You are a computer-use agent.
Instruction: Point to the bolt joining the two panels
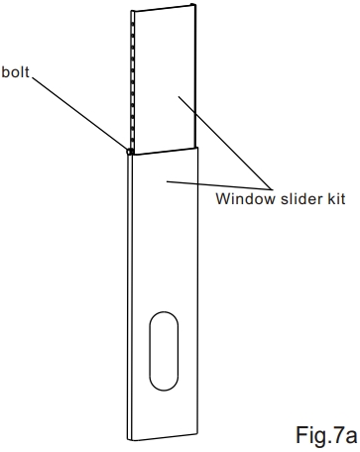coord(130,152)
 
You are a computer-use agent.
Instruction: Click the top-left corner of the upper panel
coord(133,13)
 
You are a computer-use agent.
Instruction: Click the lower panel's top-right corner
coord(201,147)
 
